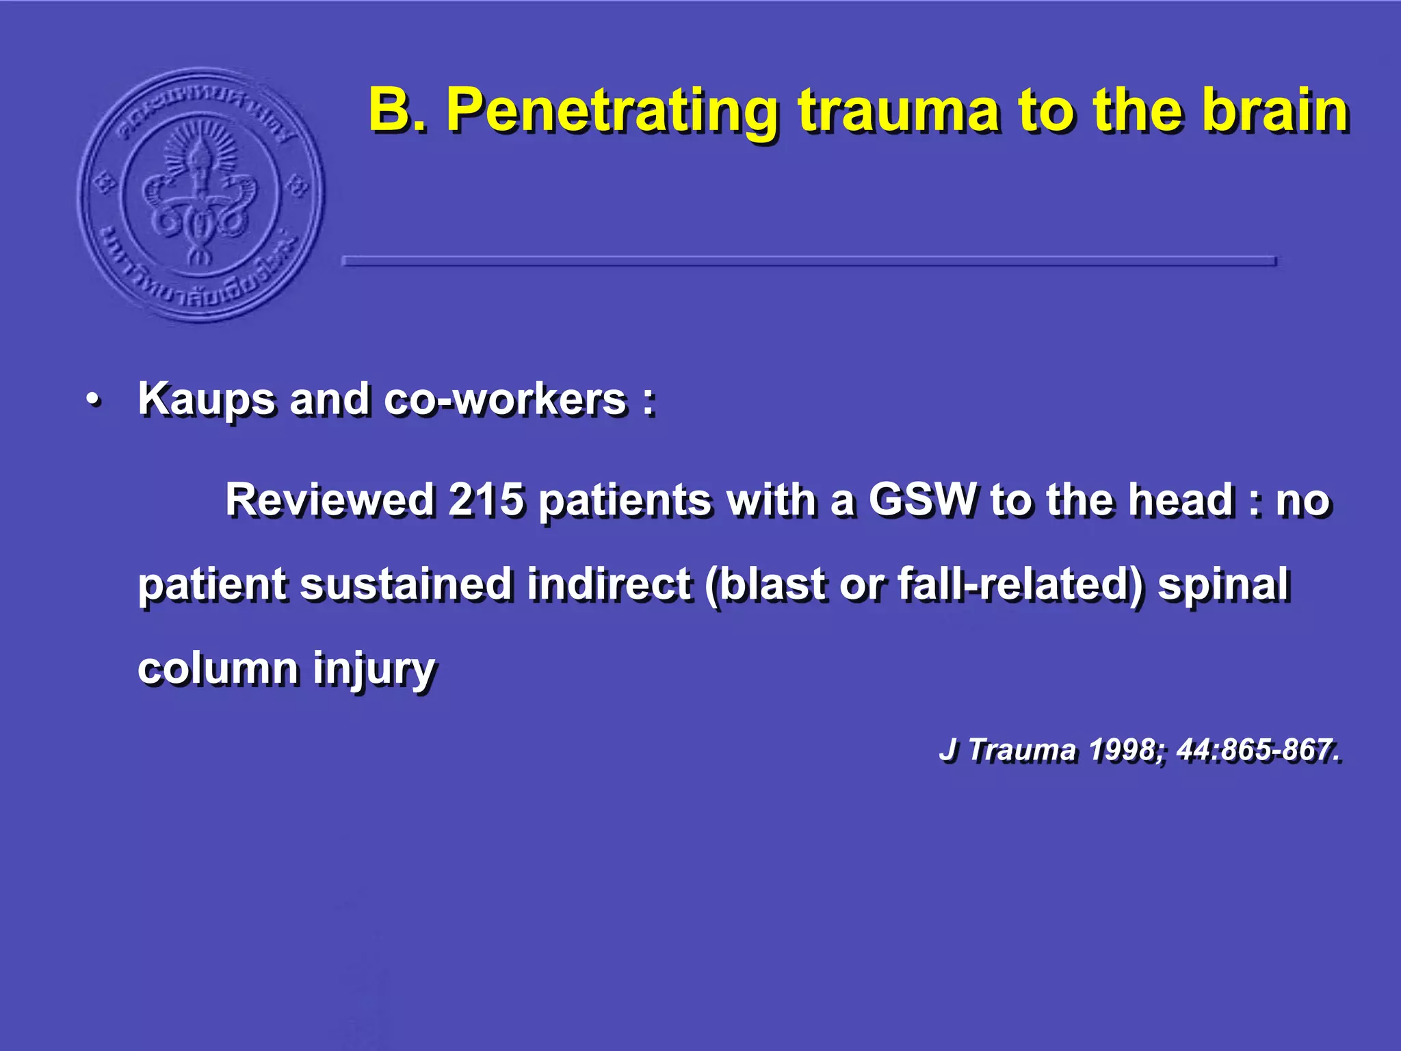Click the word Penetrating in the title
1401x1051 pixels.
pos(612,111)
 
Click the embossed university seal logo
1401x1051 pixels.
pos(200,194)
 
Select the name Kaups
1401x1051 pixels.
pos(206,400)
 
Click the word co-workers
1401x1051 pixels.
pos(505,400)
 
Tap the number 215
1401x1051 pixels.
pos(486,499)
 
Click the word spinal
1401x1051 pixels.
pos(1223,585)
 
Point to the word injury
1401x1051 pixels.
pos(374,669)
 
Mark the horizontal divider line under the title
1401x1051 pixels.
pos(809,261)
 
